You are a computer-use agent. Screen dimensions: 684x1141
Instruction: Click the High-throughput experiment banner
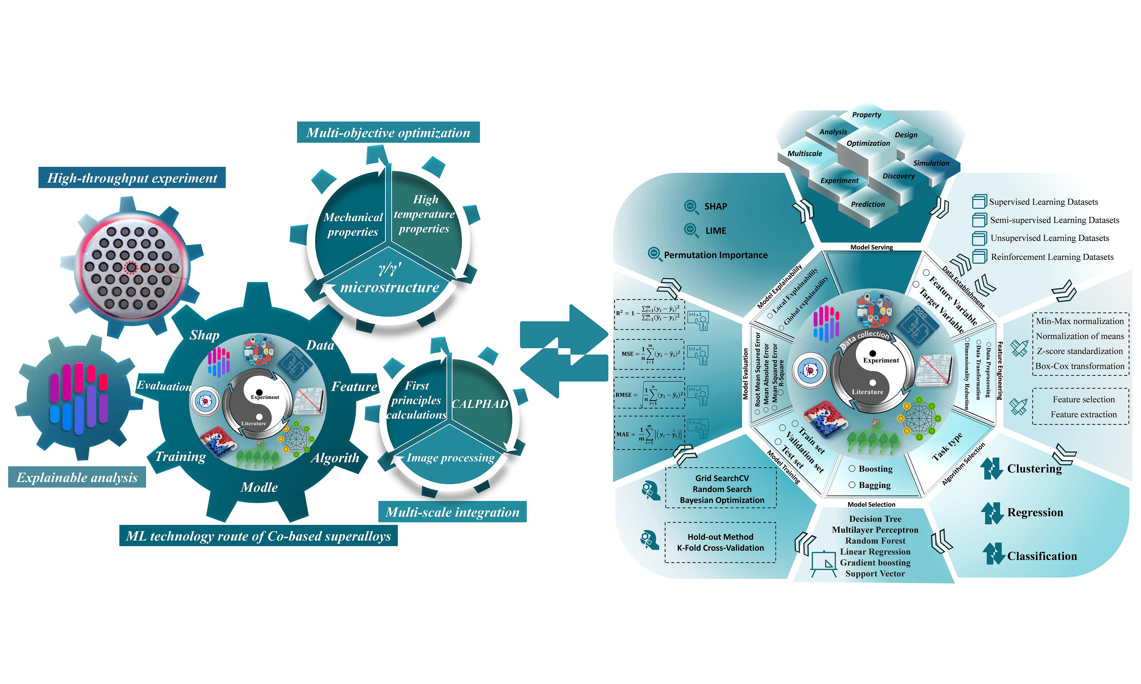point(132,178)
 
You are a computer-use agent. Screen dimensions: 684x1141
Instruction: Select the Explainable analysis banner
point(77,478)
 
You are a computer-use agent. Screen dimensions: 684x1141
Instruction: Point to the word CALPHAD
point(480,404)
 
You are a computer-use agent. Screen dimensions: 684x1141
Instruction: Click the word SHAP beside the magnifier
point(715,206)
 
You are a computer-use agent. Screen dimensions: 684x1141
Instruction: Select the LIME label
point(715,230)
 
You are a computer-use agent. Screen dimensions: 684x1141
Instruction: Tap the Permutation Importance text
point(715,255)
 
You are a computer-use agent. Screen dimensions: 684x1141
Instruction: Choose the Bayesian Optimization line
point(722,500)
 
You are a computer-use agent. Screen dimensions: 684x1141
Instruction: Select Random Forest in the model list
point(875,541)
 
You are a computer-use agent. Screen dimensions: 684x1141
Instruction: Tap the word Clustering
point(1034,469)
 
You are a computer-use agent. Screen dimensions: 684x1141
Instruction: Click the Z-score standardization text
point(1080,351)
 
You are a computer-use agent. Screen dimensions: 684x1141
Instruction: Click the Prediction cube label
point(868,204)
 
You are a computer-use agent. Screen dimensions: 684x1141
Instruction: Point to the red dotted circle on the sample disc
point(131,267)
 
